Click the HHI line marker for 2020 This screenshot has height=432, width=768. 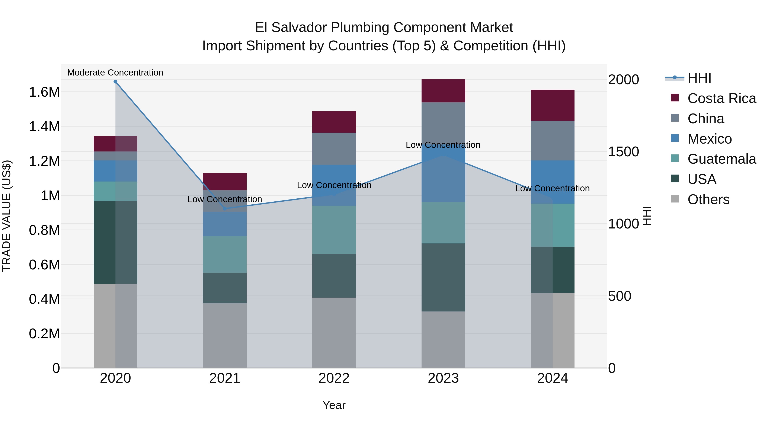(115, 82)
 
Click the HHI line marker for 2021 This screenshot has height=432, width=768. (225, 209)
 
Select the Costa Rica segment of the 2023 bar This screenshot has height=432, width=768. (443, 91)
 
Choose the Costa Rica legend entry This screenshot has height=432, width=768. (721, 98)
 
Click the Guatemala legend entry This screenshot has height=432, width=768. (721, 159)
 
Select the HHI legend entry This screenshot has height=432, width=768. (699, 78)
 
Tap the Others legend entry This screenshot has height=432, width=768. (708, 199)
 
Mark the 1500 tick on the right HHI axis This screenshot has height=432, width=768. (623, 152)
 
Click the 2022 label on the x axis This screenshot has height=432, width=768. (334, 378)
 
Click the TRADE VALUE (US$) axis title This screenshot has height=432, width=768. (7, 216)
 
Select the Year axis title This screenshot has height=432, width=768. (334, 405)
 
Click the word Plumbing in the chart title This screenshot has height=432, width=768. (360, 28)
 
